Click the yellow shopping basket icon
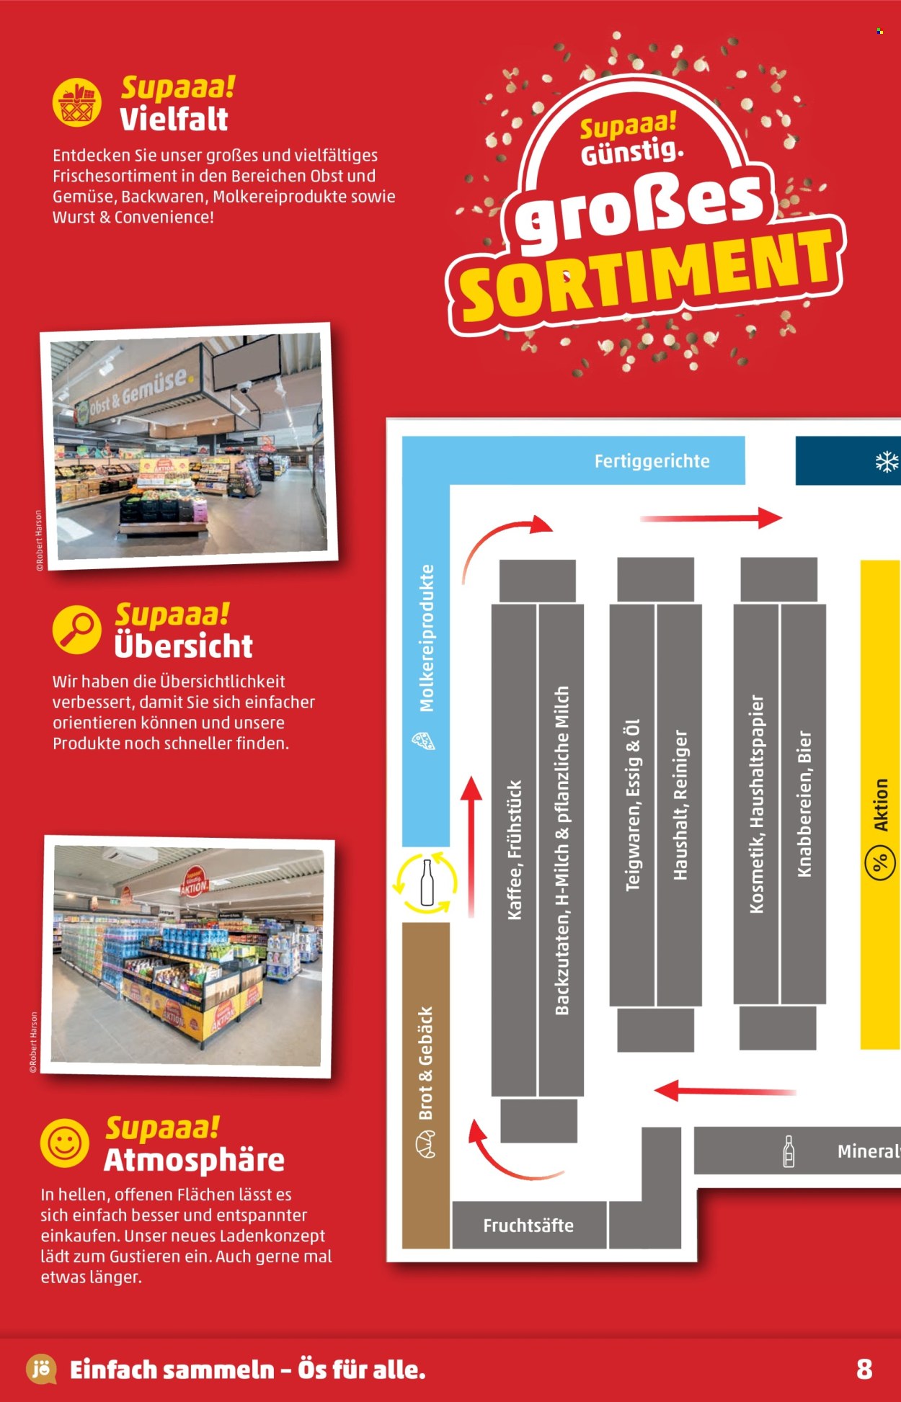point(77,102)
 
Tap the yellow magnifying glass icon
point(77,629)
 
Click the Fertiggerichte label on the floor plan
point(652,461)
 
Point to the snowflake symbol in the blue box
point(887,462)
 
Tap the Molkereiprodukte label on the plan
point(427,638)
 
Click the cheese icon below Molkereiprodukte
point(423,741)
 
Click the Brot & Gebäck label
point(426,1063)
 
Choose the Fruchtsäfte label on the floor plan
point(528,1225)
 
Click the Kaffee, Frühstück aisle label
point(515,850)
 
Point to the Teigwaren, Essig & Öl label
point(633,805)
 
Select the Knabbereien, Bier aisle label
point(804,804)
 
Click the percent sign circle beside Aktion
point(880,862)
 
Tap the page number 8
point(864,1369)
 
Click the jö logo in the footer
point(41,1369)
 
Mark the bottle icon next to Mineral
point(789,1151)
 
